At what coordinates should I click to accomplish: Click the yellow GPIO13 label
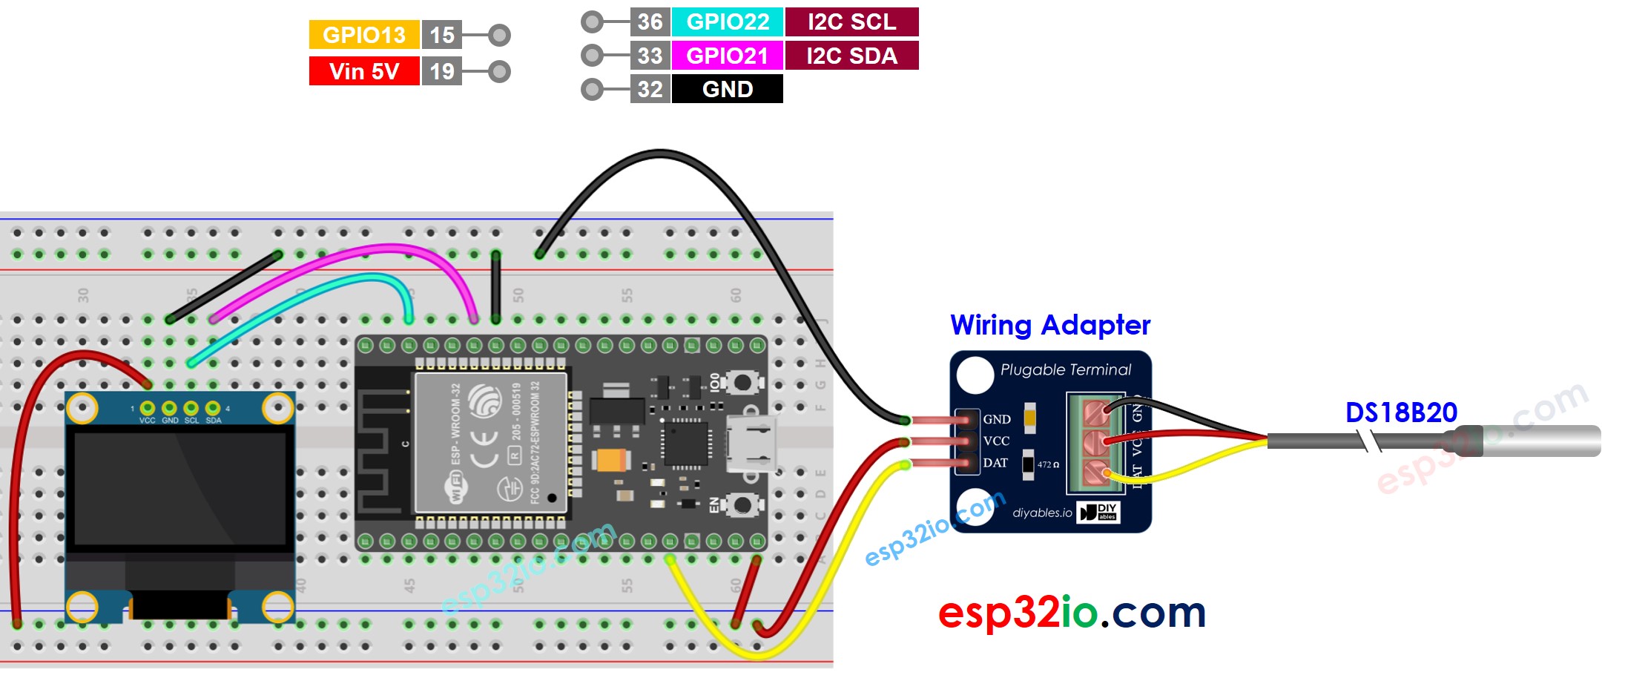[363, 35]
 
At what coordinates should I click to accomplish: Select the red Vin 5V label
[363, 71]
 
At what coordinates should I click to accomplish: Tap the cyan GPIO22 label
[727, 22]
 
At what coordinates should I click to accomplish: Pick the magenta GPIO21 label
[727, 56]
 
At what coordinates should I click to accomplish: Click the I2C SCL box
[851, 22]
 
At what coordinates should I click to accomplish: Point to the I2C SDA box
[851, 56]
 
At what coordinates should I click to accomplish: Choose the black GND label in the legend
[727, 89]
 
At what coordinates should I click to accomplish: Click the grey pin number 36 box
[650, 22]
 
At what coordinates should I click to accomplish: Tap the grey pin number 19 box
[442, 71]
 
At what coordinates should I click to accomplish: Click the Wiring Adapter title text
[1049, 325]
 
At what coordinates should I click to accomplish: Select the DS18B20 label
[1401, 412]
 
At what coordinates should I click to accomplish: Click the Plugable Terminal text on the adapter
[1065, 369]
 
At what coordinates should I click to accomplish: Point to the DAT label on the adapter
[995, 463]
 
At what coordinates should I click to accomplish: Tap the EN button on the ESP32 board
[741, 505]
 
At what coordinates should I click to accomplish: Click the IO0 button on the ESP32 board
[741, 383]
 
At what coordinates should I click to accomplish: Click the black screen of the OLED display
[180, 489]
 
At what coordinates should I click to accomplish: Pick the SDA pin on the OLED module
[213, 408]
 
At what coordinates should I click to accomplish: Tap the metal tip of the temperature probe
[1543, 441]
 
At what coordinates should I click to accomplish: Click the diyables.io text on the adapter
[1042, 513]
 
